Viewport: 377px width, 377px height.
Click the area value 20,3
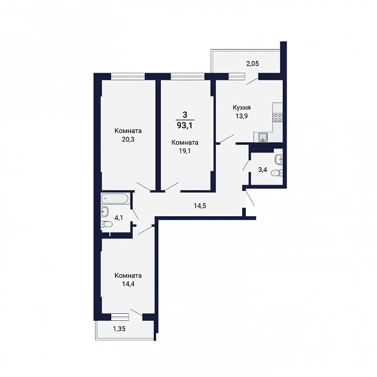click(x=128, y=139)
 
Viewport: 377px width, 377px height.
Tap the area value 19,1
click(x=184, y=151)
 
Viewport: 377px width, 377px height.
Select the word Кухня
click(x=242, y=108)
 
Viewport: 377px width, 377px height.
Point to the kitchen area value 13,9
click(x=242, y=116)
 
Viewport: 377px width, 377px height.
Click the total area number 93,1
click(x=184, y=125)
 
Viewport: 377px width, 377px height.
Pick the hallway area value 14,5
click(x=200, y=206)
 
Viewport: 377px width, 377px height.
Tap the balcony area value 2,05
click(x=252, y=64)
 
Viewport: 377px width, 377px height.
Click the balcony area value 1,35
click(x=119, y=329)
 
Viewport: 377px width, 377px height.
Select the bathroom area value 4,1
click(x=119, y=218)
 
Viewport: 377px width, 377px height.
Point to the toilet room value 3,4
click(x=262, y=170)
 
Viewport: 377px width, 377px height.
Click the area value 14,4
click(x=128, y=284)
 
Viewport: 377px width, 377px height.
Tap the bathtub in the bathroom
click(x=115, y=199)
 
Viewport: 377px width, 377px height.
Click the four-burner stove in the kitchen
click(x=278, y=118)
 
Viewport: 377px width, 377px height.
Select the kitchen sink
click(x=263, y=137)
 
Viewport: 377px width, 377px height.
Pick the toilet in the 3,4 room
click(x=277, y=173)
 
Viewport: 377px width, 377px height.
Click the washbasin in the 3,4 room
click(x=279, y=159)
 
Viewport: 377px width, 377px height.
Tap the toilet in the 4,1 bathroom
click(x=107, y=225)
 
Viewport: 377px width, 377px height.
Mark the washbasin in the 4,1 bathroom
click(x=105, y=212)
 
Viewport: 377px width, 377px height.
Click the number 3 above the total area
click(x=184, y=115)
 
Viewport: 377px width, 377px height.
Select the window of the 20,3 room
click(x=128, y=76)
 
